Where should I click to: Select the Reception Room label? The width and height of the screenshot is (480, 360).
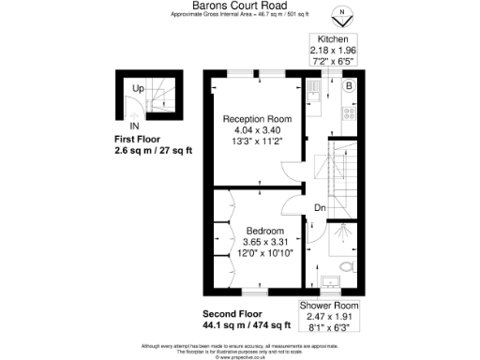click(x=256, y=120)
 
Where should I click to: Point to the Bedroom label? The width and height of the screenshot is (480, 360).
click(x=265, y=231)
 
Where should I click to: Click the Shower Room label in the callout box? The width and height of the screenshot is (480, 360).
click(x=329, y=307)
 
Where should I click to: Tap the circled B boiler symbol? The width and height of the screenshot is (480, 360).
click(x=349, y=87)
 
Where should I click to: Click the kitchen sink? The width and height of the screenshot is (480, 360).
click(x=313, y=90)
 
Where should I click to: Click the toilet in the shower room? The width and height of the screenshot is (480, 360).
click(x=347, y=268)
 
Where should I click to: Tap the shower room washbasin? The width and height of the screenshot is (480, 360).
click(x=329, y=280)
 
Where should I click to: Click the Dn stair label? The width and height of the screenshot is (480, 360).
click(x=320, y=207)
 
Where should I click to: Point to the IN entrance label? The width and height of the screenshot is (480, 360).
click(x=134, y=125)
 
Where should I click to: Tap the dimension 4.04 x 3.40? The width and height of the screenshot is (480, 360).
click(x=256, y=131)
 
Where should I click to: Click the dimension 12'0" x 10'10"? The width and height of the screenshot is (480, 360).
click(x=265, y=253)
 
